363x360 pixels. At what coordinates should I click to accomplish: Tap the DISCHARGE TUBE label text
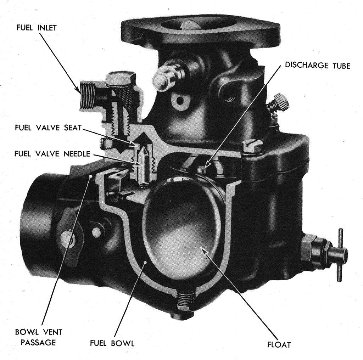pos(317,66)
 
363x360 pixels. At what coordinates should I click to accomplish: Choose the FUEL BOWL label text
pos(112,343)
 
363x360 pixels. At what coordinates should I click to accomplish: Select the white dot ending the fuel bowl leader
pos(145,262)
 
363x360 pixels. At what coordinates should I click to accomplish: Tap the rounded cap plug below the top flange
pos(164,77)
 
